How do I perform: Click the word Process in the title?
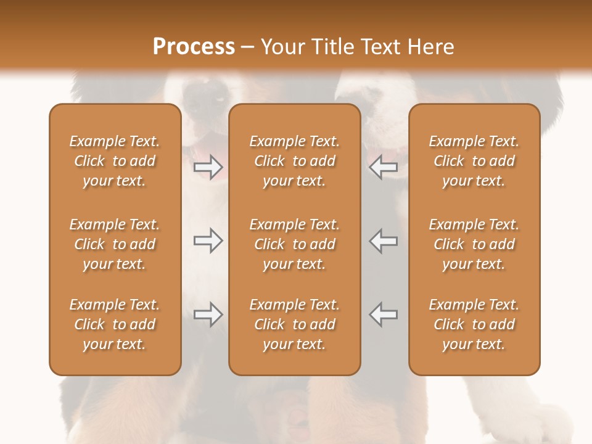pyautogui.click(x=194, y=47)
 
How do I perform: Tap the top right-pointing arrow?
pyautogui.click(x=208, y=167)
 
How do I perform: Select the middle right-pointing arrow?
pyautogui.click(x=208, y=240)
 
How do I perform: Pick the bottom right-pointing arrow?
pyautogui.click(x=208, y=314)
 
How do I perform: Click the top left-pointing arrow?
pyautogui.click(x=383, y=167)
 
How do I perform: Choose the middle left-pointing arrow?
pyautogui.click(x=383, y=240)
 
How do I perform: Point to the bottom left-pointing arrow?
pyautogui.click(x=383, y=314)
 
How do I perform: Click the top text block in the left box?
pyautogui.click(x=115, y=161)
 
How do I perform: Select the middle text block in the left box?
pyautogui.click(x=115, y=244)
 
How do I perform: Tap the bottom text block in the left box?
pyautogui.click(x=115, y=324)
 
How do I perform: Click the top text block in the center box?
pyautogui.click(x=294, y=161)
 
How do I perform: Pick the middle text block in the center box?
pyautogui.click(x=294, y=244)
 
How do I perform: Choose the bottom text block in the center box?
pyautogui.click(x=294, y=324)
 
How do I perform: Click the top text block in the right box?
pyautogui.click(x=474, y=161)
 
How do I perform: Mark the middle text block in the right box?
pyautogui.click(x=474, y=244)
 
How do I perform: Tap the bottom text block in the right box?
pyautogui.click(x=474, y=324)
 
